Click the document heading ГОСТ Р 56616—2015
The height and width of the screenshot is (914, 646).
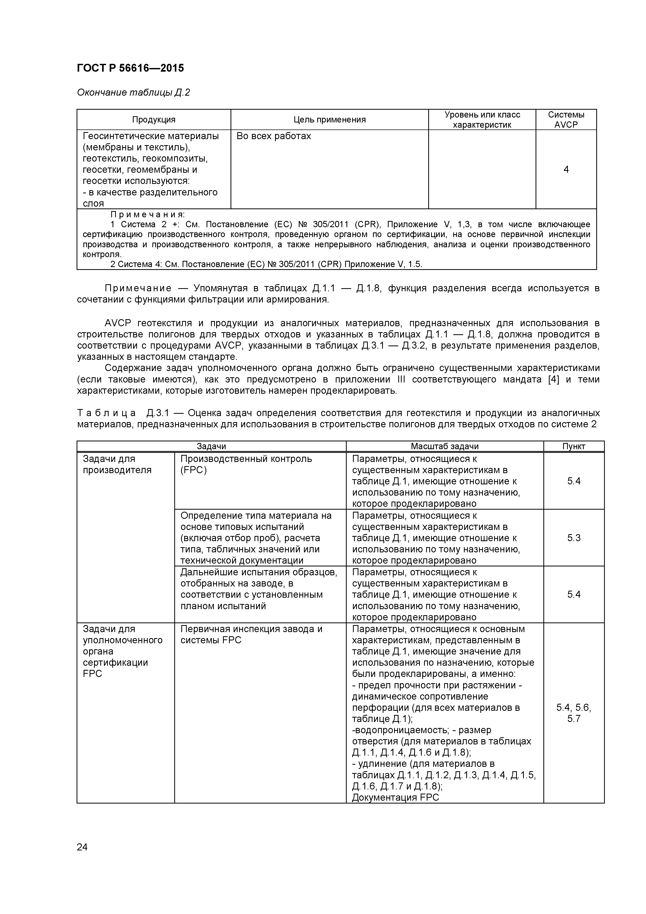click(x=130, y=68)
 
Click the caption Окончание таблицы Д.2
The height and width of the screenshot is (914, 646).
click(x=133, y=93)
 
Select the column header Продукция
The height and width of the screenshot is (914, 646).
click(x=154, y=120)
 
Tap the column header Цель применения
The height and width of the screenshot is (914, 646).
click(x=329, y=120)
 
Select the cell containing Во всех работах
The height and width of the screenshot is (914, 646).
click(x=274, y=136)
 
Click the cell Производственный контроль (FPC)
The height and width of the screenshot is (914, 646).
click(x=246, y=464)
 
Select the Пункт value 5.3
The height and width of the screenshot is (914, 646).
click(x=574, y=538)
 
